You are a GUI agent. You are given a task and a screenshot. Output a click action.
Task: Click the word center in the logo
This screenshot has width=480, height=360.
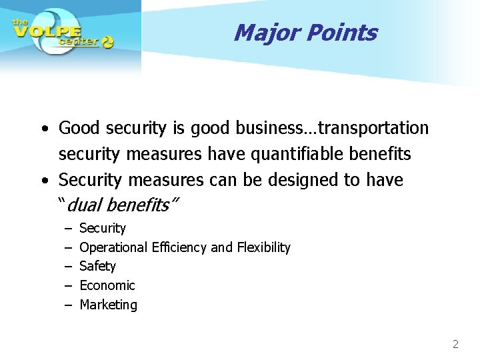pyautogui.click(x=78, y=41)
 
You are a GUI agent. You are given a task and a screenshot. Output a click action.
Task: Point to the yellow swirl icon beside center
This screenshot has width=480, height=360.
pyautogui.click(x=107, y=42)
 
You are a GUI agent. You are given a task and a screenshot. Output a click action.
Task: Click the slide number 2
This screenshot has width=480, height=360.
pyautogui.click(x=455, y=344)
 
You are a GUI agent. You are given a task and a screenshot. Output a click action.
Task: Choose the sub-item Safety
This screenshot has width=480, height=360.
pyautogui.click(x=97, y=266)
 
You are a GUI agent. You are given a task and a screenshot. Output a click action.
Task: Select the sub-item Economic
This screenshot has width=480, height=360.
pyautogui.click(x=107, y=285)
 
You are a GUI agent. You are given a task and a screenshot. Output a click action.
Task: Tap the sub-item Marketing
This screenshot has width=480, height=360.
pyautogui.click(x=108, y=305)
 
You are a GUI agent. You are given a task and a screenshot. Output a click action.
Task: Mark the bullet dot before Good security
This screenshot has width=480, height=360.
pyautogui.click(x=43, y=128)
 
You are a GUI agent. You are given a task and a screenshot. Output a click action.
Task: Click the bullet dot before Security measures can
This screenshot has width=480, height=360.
pyautogui.click(x=43, y=181)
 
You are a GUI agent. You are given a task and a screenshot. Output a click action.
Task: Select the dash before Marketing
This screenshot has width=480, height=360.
pyautogui.click(x=68, y=305)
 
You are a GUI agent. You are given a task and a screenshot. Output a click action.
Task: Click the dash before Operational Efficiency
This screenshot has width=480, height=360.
pyautogui.click(x=68, y=247)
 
